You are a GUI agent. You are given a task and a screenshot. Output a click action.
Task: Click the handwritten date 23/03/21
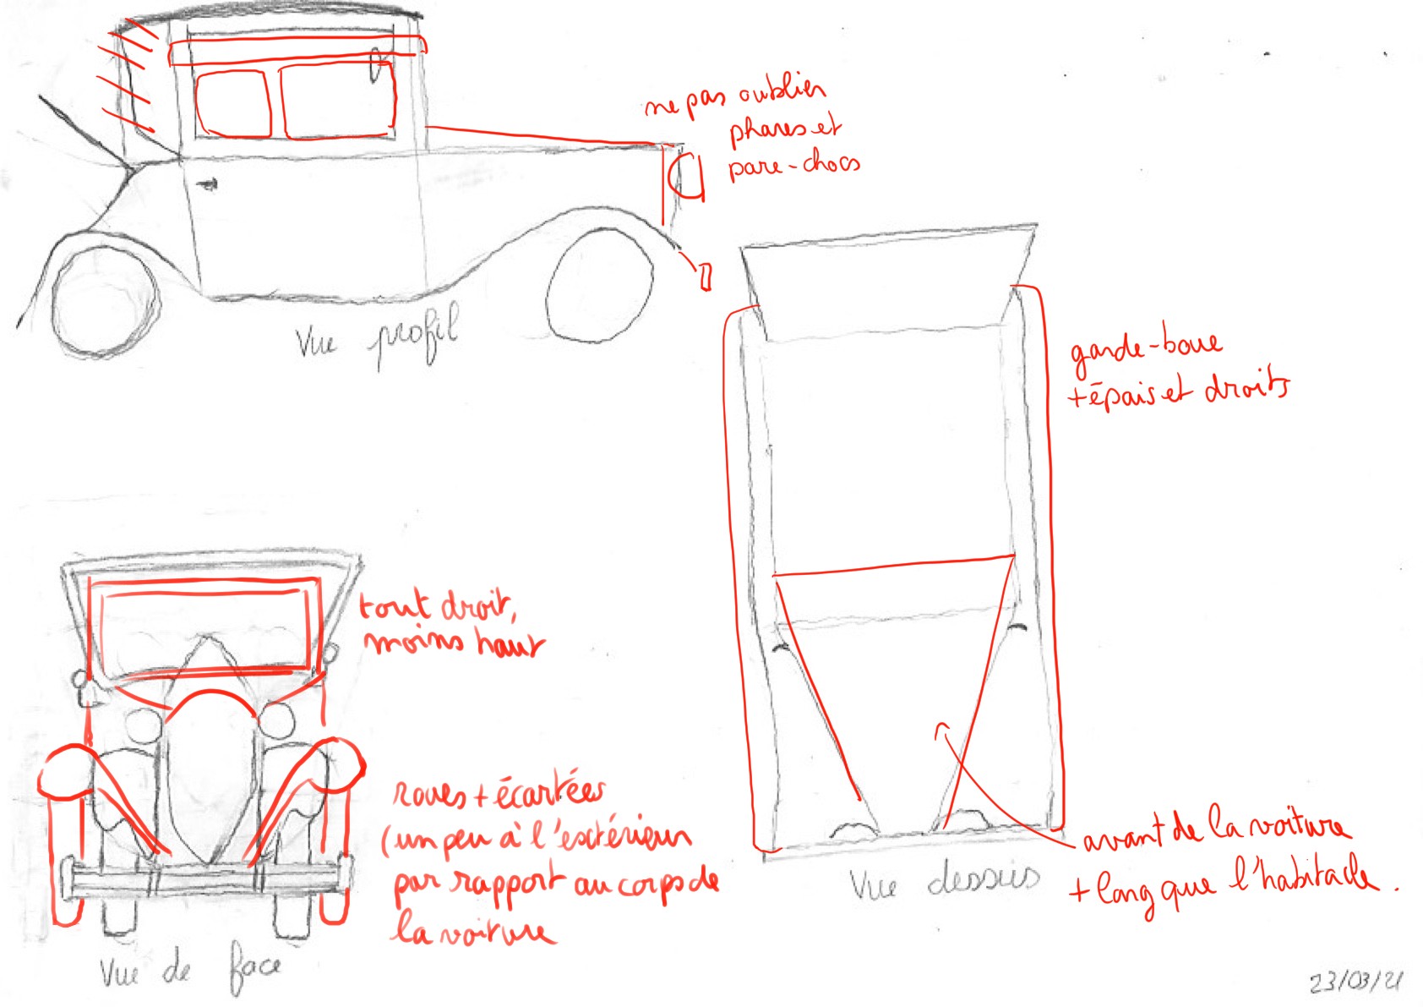[x=1355, y=982]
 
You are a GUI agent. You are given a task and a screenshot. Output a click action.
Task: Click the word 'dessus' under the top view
[x=983, y=879]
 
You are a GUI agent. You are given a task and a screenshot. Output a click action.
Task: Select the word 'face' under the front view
[x=255, y=969]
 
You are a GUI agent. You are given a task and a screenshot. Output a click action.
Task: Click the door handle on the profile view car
[x=206, y=183]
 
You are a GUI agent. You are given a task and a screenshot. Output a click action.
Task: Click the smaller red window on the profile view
[x=232, y=103]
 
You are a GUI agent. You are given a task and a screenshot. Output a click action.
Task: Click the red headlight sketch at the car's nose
[x=687, y=177]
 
